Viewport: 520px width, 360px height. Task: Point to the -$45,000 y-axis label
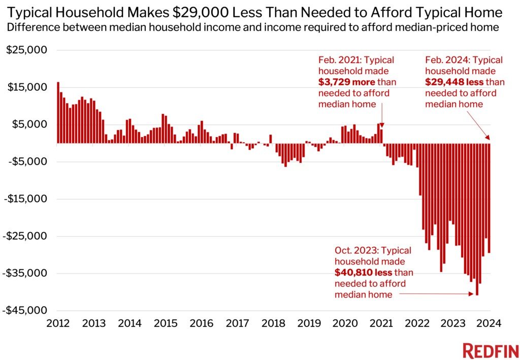point(27,310)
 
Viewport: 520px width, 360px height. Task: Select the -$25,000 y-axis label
point(27,236)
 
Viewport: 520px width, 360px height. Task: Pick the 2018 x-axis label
point(274,323)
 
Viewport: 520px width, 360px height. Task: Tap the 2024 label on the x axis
point(490,323)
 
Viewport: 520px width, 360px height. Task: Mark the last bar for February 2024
point(489,198)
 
